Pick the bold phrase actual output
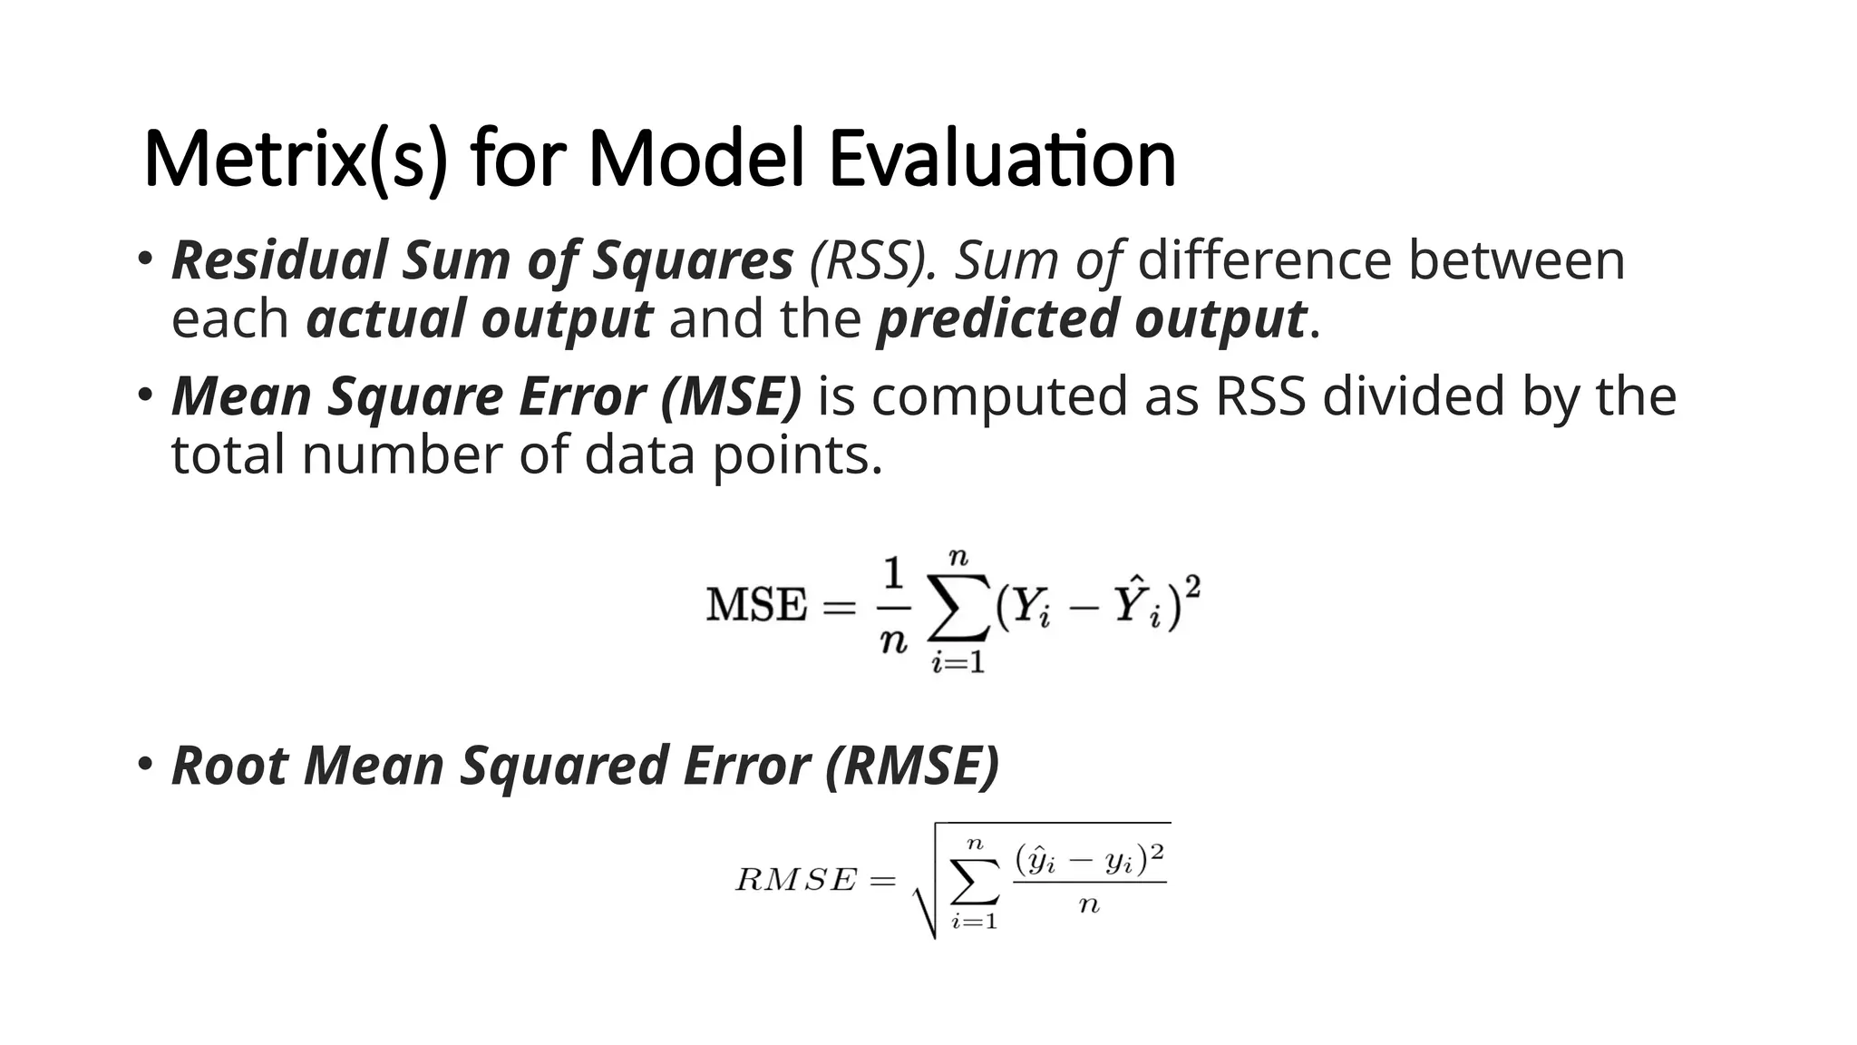pos(479,318)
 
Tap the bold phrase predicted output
pos(1091,318)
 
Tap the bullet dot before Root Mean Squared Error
pos(145,763)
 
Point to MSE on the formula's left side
pos(756,605)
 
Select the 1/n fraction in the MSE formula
pos(893,606)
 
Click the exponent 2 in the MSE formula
pos(1192,587)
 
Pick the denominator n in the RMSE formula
pos(1089,905)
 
